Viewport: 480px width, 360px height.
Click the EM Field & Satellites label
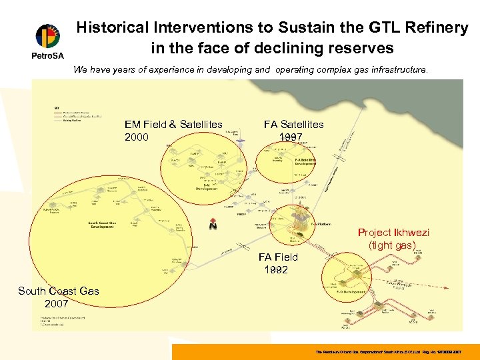173,125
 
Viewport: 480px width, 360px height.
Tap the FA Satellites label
293,124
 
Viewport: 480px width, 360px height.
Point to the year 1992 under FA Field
276,270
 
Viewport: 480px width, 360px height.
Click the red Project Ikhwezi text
393,233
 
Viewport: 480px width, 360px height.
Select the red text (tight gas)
392,245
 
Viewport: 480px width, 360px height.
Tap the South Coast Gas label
59,291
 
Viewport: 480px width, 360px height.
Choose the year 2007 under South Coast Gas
58,303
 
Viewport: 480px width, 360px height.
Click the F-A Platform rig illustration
291,220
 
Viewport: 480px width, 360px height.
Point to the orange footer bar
325,351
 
